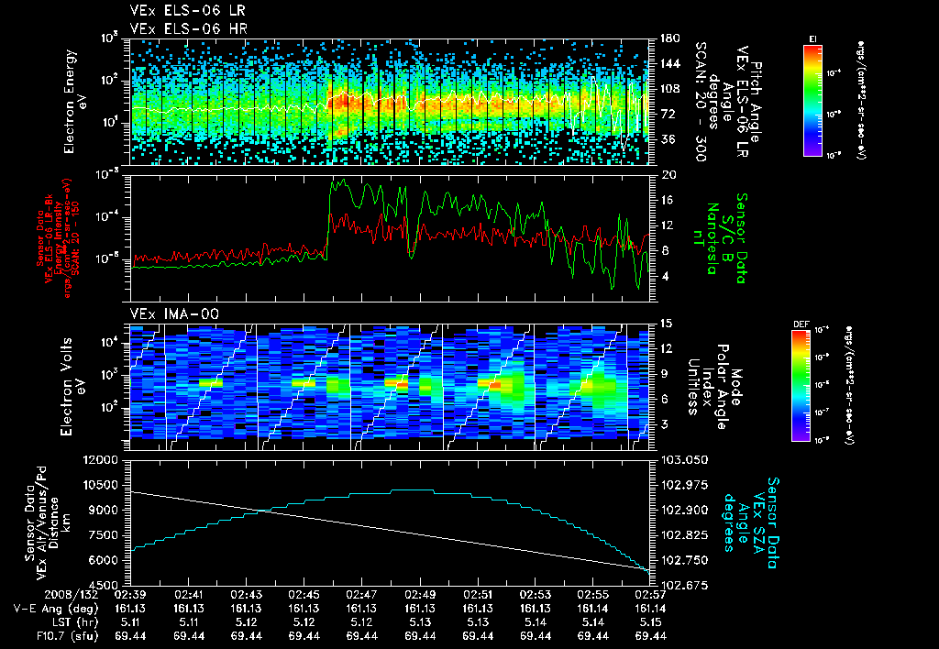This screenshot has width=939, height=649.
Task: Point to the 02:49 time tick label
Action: click(x=419, y=594)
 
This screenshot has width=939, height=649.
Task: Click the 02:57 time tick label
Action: click(x=649, y=594)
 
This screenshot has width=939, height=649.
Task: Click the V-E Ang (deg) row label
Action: click(x=50, y=608)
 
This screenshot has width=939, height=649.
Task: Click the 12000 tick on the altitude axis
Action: click(x=103, y=459)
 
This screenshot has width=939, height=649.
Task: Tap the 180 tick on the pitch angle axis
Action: click(x=668, y=38)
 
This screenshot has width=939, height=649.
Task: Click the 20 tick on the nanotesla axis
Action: click(x=668, y=174)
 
